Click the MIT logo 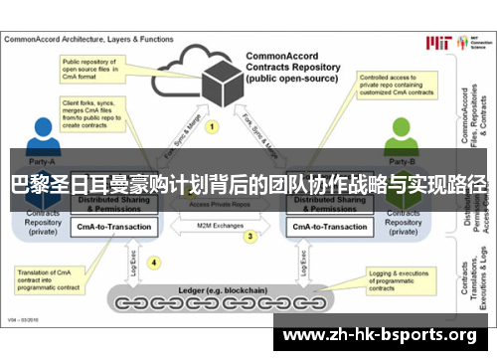pyautogui.click(x=438, y=42)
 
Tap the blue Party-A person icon pyautogui.click(x=42, y=139)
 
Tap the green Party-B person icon pyautogui.click(x=401, y=139)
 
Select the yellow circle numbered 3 pyautogui.click(x=250, y=237)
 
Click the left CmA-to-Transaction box pyautogui.click(x=114, y=227)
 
